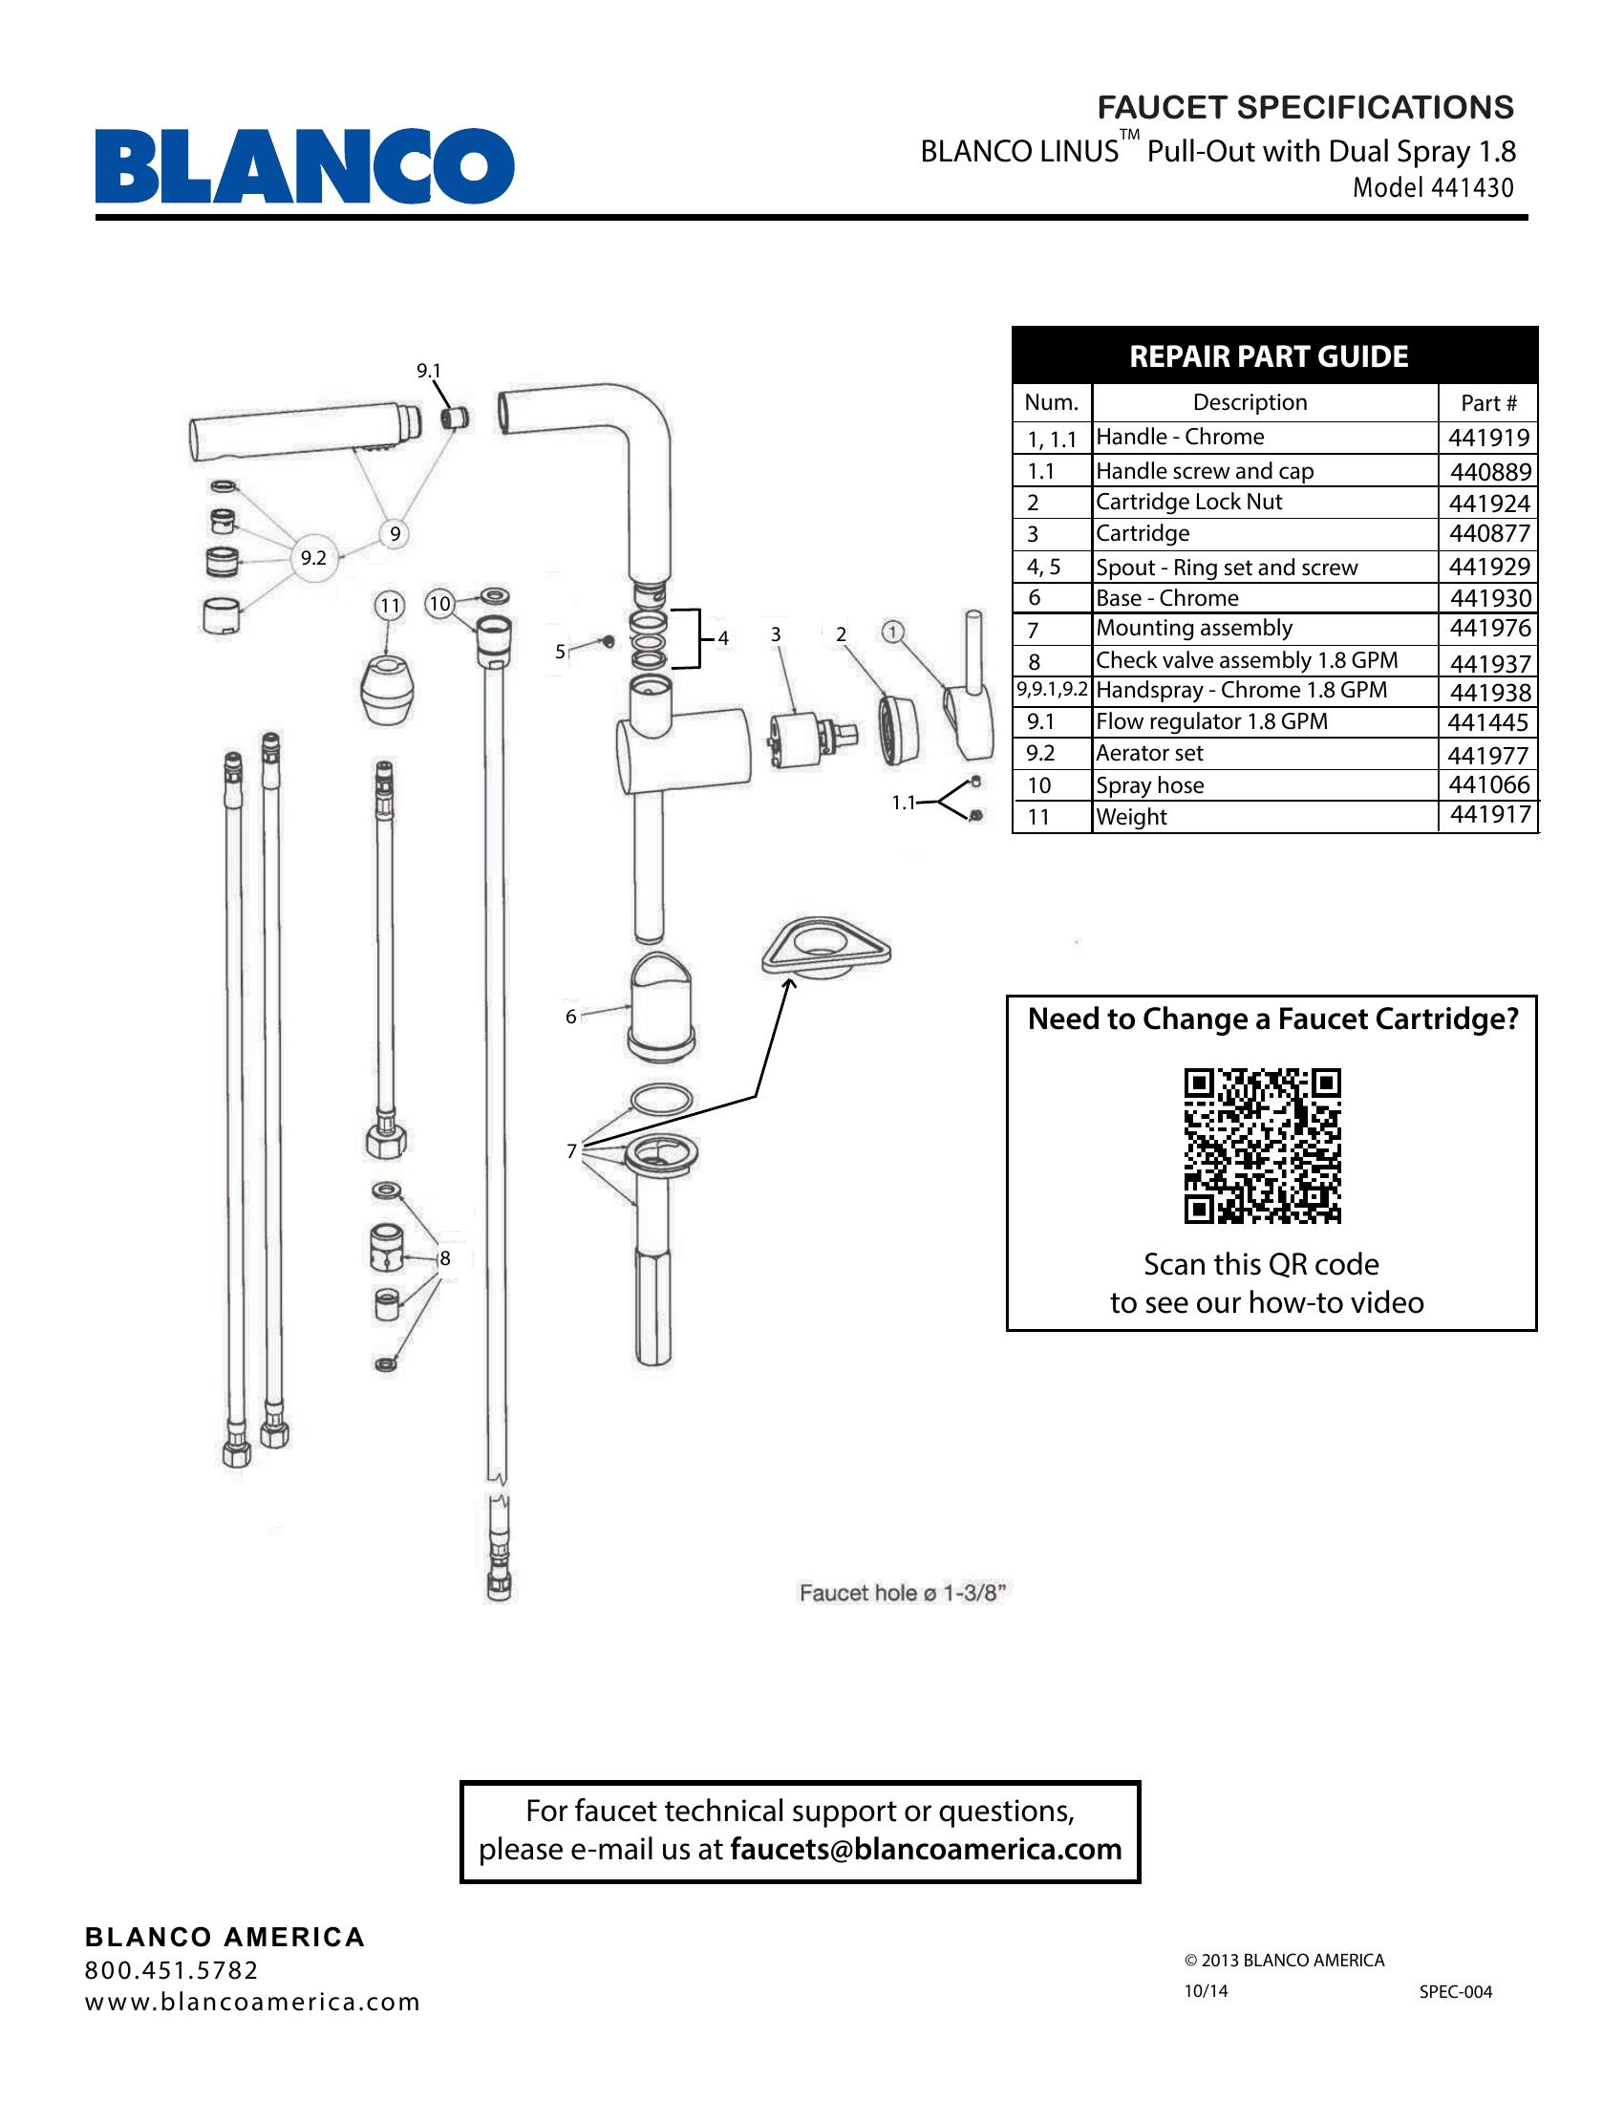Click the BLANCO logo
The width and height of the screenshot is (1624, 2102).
(x=304, y=166)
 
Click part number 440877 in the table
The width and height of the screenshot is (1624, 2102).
(x=1489, y=533)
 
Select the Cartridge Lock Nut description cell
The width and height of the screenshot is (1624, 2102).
(x=1189, y=502)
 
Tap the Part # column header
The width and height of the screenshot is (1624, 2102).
(x=1488, y=403)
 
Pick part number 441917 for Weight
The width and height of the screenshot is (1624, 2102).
(x=1489, y=815)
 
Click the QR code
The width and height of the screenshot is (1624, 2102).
(x=1261, y=1146)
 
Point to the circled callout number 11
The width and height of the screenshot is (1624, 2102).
(x=389, y=606)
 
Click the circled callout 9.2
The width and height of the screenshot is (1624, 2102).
(x=313, y=557)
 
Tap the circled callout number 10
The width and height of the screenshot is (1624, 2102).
(x=439, y=604)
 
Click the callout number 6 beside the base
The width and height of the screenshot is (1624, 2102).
(x=570, y=1017)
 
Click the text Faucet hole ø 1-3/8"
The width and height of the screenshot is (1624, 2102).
(x=902, y=1593)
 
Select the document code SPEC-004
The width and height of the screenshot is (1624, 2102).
(x=1455, y=1991)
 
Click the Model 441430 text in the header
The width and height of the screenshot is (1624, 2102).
(x=1433, y=187)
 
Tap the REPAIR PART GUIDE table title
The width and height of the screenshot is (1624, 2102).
(x=1268, y=357)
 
